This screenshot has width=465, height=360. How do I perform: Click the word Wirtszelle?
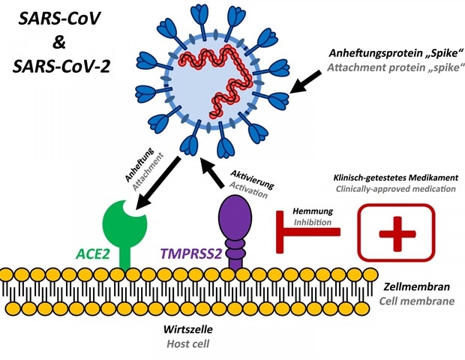point(189,329)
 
